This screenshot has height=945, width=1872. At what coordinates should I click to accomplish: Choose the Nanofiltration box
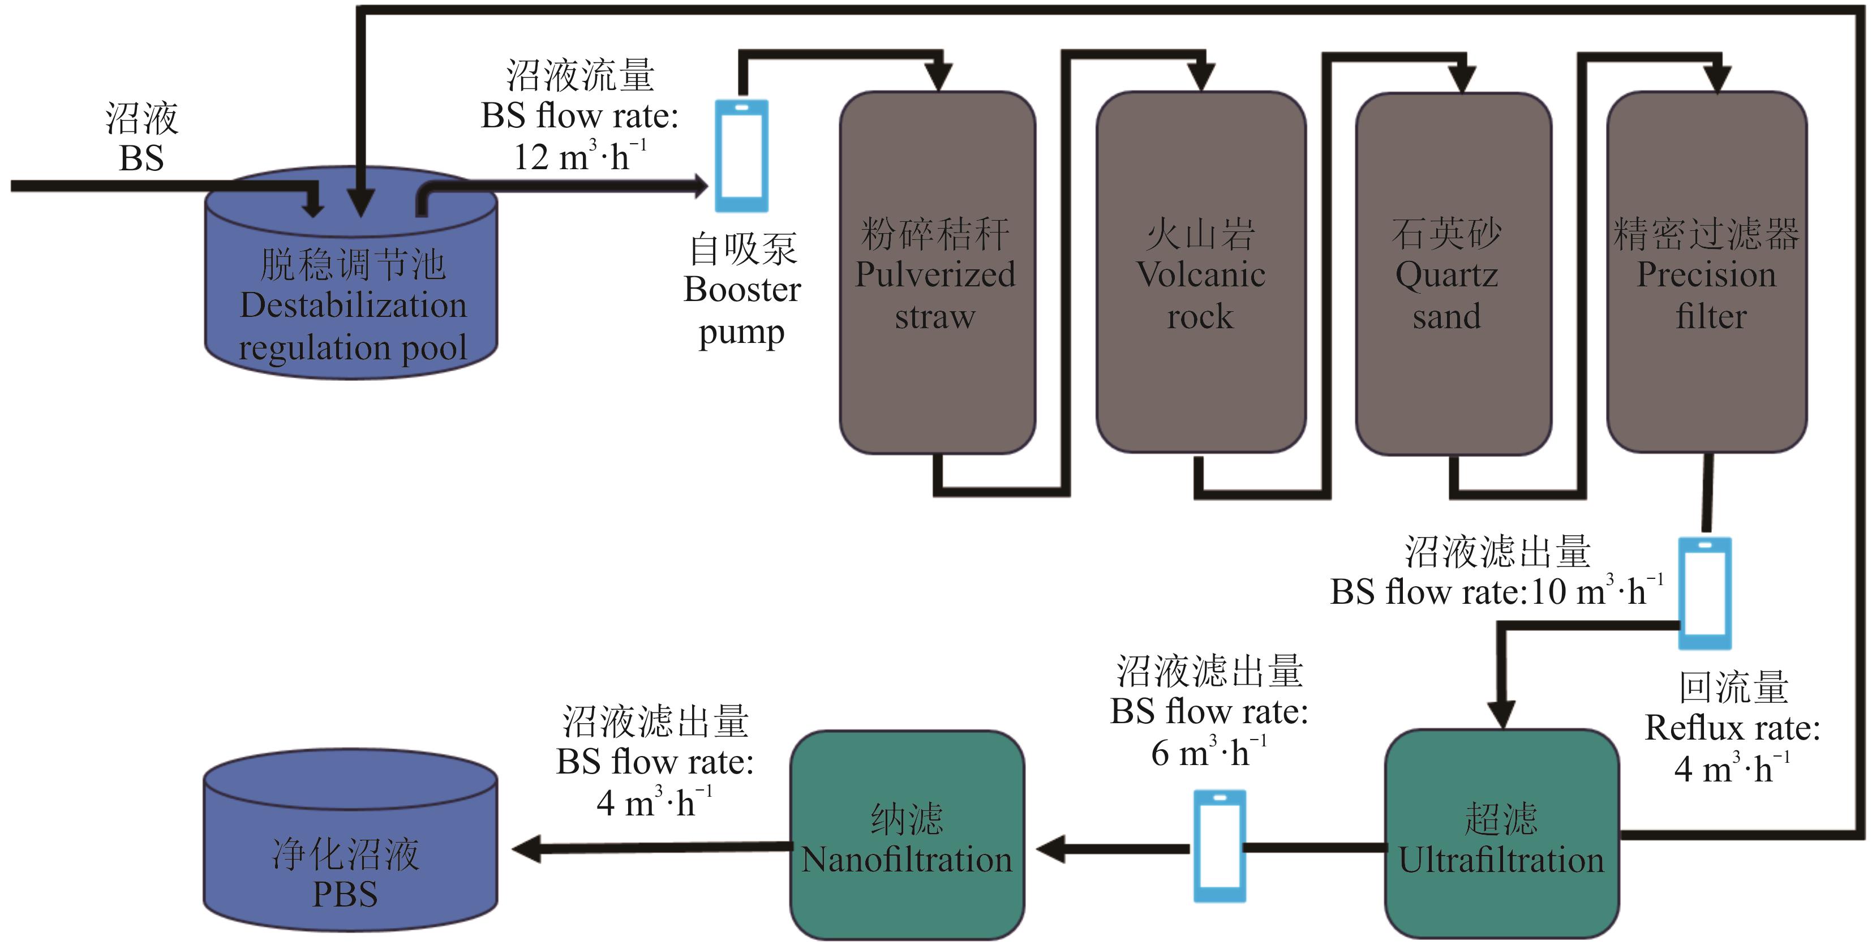coord(907,836)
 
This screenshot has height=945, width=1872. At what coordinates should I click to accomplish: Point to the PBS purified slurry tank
coord(350,843)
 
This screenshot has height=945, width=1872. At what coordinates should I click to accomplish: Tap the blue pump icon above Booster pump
coord(741,156)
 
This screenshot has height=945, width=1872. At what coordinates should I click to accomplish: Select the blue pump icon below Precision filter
coord(1704,592)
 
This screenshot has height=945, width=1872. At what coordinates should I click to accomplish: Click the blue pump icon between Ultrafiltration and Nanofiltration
coord(1220,846)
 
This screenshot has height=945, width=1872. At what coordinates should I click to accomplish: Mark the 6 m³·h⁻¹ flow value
coord(1208,753)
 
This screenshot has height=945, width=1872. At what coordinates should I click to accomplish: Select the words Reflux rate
coord(1732,728)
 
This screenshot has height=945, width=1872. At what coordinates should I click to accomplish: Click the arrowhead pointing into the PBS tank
coord(527,848)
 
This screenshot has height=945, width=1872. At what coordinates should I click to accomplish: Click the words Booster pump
coord(742,311)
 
